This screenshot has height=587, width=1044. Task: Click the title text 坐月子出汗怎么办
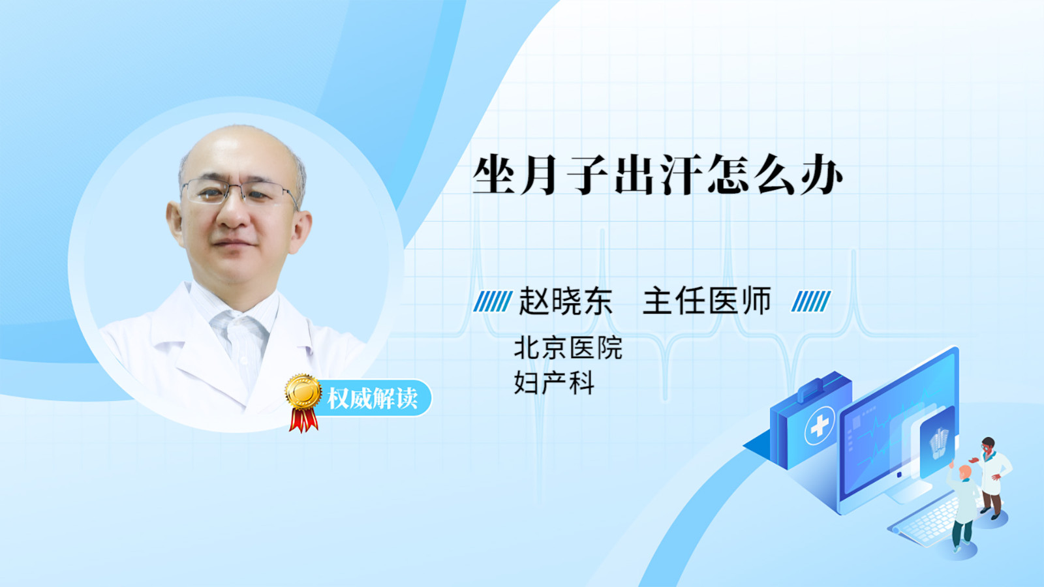658,175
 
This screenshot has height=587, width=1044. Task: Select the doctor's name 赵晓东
565,301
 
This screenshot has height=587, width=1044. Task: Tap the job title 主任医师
707,301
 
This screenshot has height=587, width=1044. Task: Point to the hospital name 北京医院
568,348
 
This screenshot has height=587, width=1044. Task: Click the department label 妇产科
554,384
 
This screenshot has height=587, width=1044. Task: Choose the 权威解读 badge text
372,399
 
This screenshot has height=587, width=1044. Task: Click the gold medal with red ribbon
303,402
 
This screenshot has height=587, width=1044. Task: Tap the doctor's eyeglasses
239,192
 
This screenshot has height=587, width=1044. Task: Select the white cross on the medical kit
819,425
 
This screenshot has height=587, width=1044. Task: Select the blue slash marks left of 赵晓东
493,301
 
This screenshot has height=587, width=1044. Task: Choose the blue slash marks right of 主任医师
811,301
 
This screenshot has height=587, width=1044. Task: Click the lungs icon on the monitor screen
939,444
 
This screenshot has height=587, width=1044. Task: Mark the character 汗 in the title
682,175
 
